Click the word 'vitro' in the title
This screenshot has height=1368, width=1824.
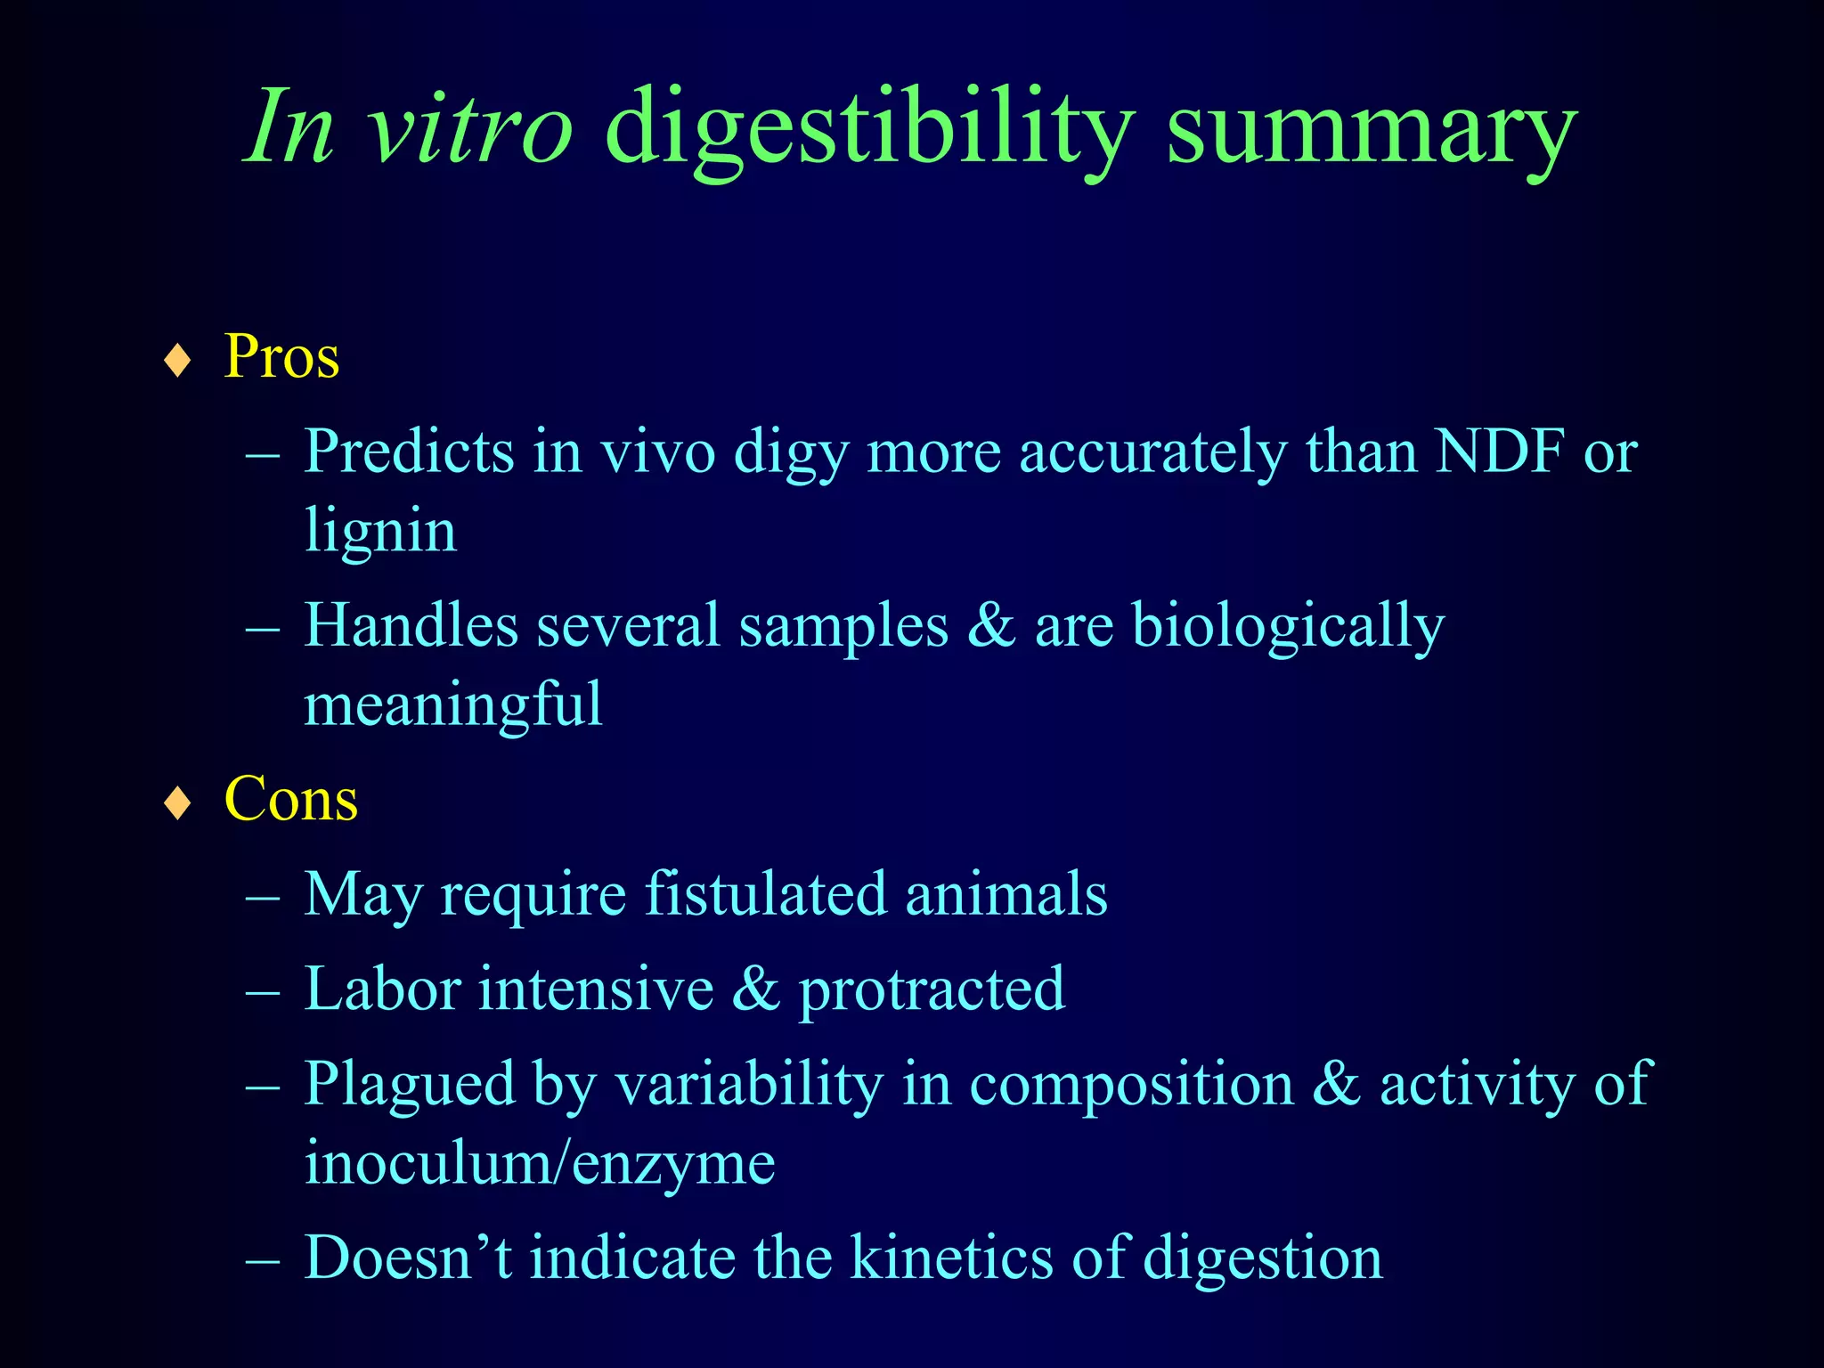tap(471, 129)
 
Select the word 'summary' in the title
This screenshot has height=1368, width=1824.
tap(1372, 134)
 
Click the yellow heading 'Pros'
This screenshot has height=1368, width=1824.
tap(281, 357)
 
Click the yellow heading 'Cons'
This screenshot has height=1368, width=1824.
tap(291, 799)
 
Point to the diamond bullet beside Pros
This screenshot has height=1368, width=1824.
tap(179, 361)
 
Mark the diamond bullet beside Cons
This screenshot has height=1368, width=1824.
tap(179, 802)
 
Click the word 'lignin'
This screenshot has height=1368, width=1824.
tap(380, 532)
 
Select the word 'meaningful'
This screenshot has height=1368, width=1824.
tap(453, 704)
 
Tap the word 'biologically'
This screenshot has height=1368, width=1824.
tap(1288, 626)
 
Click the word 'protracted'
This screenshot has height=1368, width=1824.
tap(931, 989)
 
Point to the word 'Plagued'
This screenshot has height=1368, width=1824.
tap(410, 1085)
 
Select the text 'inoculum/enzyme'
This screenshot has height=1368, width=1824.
tap(540, 1164)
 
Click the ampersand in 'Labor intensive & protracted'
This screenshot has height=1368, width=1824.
tap(755, 989)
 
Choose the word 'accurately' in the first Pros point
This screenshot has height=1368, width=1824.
tap(1152, 453)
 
